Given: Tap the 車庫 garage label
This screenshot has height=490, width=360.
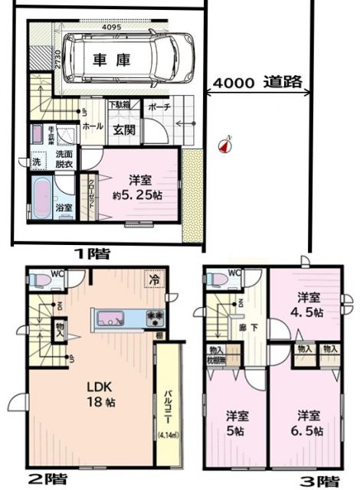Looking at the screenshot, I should tap(112, 60).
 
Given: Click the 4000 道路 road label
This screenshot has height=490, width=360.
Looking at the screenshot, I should tap(256, 82).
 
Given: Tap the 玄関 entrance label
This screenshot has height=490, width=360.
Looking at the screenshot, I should tap(123, 130).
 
